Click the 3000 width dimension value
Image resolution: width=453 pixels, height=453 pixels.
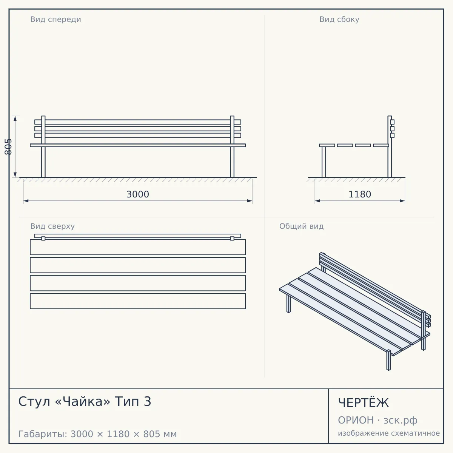point(138,194)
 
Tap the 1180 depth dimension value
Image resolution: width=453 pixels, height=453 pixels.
point(360,194)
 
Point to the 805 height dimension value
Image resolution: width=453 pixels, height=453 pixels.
point(8,147)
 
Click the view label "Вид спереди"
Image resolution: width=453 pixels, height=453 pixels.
point(56,19)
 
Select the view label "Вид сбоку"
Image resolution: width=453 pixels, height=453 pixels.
point(339,19)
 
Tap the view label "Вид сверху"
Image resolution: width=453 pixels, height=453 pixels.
point(52,226)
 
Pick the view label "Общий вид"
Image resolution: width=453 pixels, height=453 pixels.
point(301,226)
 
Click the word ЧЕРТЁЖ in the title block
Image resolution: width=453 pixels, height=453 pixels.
point(364,403)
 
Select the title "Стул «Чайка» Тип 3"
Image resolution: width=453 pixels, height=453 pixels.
point(85,401)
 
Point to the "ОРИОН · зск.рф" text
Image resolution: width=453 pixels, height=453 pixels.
point(377,420)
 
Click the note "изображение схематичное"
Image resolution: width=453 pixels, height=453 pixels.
point(389,433)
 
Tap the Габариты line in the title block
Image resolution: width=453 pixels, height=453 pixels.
point(97,434)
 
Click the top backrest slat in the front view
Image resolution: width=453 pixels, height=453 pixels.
point(138,122)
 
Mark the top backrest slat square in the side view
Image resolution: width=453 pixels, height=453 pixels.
point(392,122)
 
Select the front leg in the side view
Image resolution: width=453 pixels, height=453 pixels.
point(324,162)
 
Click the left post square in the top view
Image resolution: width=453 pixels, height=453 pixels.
point(43,239)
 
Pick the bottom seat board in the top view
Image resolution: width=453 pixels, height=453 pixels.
point(138,301)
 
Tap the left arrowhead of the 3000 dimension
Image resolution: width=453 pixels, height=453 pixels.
point(26,201)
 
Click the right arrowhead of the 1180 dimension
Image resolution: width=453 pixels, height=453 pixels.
point(402,201)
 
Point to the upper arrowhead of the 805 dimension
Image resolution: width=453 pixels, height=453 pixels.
point(15,119)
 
